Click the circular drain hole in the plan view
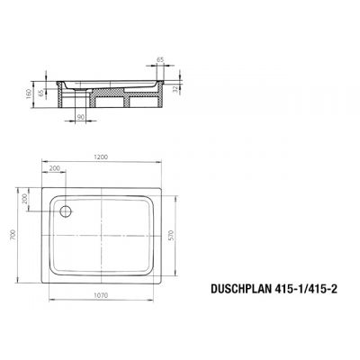(65, 212)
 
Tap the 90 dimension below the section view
(80, 118)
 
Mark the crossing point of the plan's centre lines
(102, 237)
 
